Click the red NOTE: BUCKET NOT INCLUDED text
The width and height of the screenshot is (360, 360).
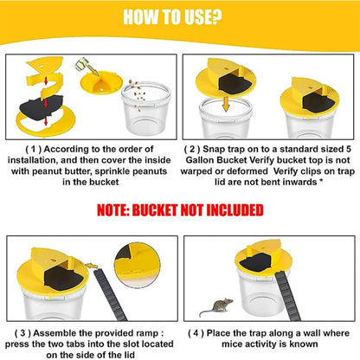tap(180, 210)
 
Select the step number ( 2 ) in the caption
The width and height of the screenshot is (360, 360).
tap(205, 149)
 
